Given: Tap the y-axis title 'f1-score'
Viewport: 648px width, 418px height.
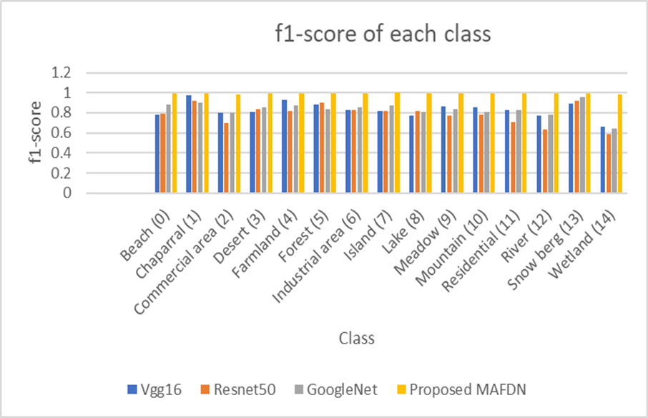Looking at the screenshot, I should (34, 133).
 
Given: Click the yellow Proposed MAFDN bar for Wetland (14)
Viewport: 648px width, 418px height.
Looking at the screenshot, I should (619, 143).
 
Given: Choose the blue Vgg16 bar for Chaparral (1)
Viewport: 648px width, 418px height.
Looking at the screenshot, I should (189, 144).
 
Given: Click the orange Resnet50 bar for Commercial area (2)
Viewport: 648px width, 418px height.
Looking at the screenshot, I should (227, 157).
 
